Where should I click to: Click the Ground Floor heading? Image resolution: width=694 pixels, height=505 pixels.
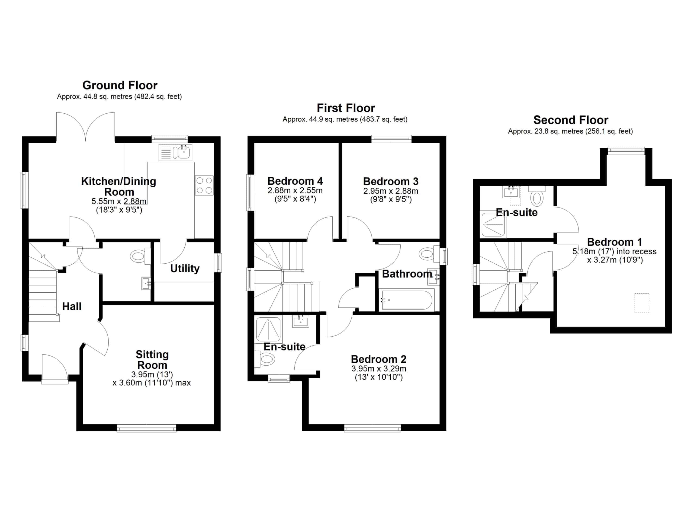click(120, 85)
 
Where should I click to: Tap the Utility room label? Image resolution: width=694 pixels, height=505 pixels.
click(185, 269)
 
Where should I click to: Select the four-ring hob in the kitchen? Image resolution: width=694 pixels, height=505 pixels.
click(204, 186)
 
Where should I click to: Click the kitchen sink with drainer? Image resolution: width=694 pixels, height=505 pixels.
click(175, 152)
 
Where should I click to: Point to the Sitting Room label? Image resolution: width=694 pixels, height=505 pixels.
click(152, 360)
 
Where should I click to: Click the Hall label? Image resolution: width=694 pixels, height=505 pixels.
click(72, 306)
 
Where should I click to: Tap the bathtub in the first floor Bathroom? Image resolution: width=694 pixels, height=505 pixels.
click(407, 300)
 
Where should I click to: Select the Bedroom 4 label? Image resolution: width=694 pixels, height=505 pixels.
click(295, 181)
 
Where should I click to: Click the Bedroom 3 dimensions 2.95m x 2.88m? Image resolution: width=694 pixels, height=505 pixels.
click(391, 191)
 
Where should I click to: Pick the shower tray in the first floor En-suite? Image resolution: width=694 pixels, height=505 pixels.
click(268, 329)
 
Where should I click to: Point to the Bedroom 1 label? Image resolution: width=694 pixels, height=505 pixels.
click(615, 242)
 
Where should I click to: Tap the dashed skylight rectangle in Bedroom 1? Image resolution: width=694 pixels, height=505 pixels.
click(642, 303)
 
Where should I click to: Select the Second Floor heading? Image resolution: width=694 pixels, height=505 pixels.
click(571, 120)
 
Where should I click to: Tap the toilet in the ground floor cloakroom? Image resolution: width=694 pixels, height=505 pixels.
click(140, 256)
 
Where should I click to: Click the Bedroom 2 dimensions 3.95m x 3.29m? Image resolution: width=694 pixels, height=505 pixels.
click(379, 369)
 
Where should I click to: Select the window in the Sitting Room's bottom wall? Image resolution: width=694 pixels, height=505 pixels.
click(147, 428)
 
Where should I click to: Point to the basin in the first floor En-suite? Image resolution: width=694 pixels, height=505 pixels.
click(300, 321)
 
